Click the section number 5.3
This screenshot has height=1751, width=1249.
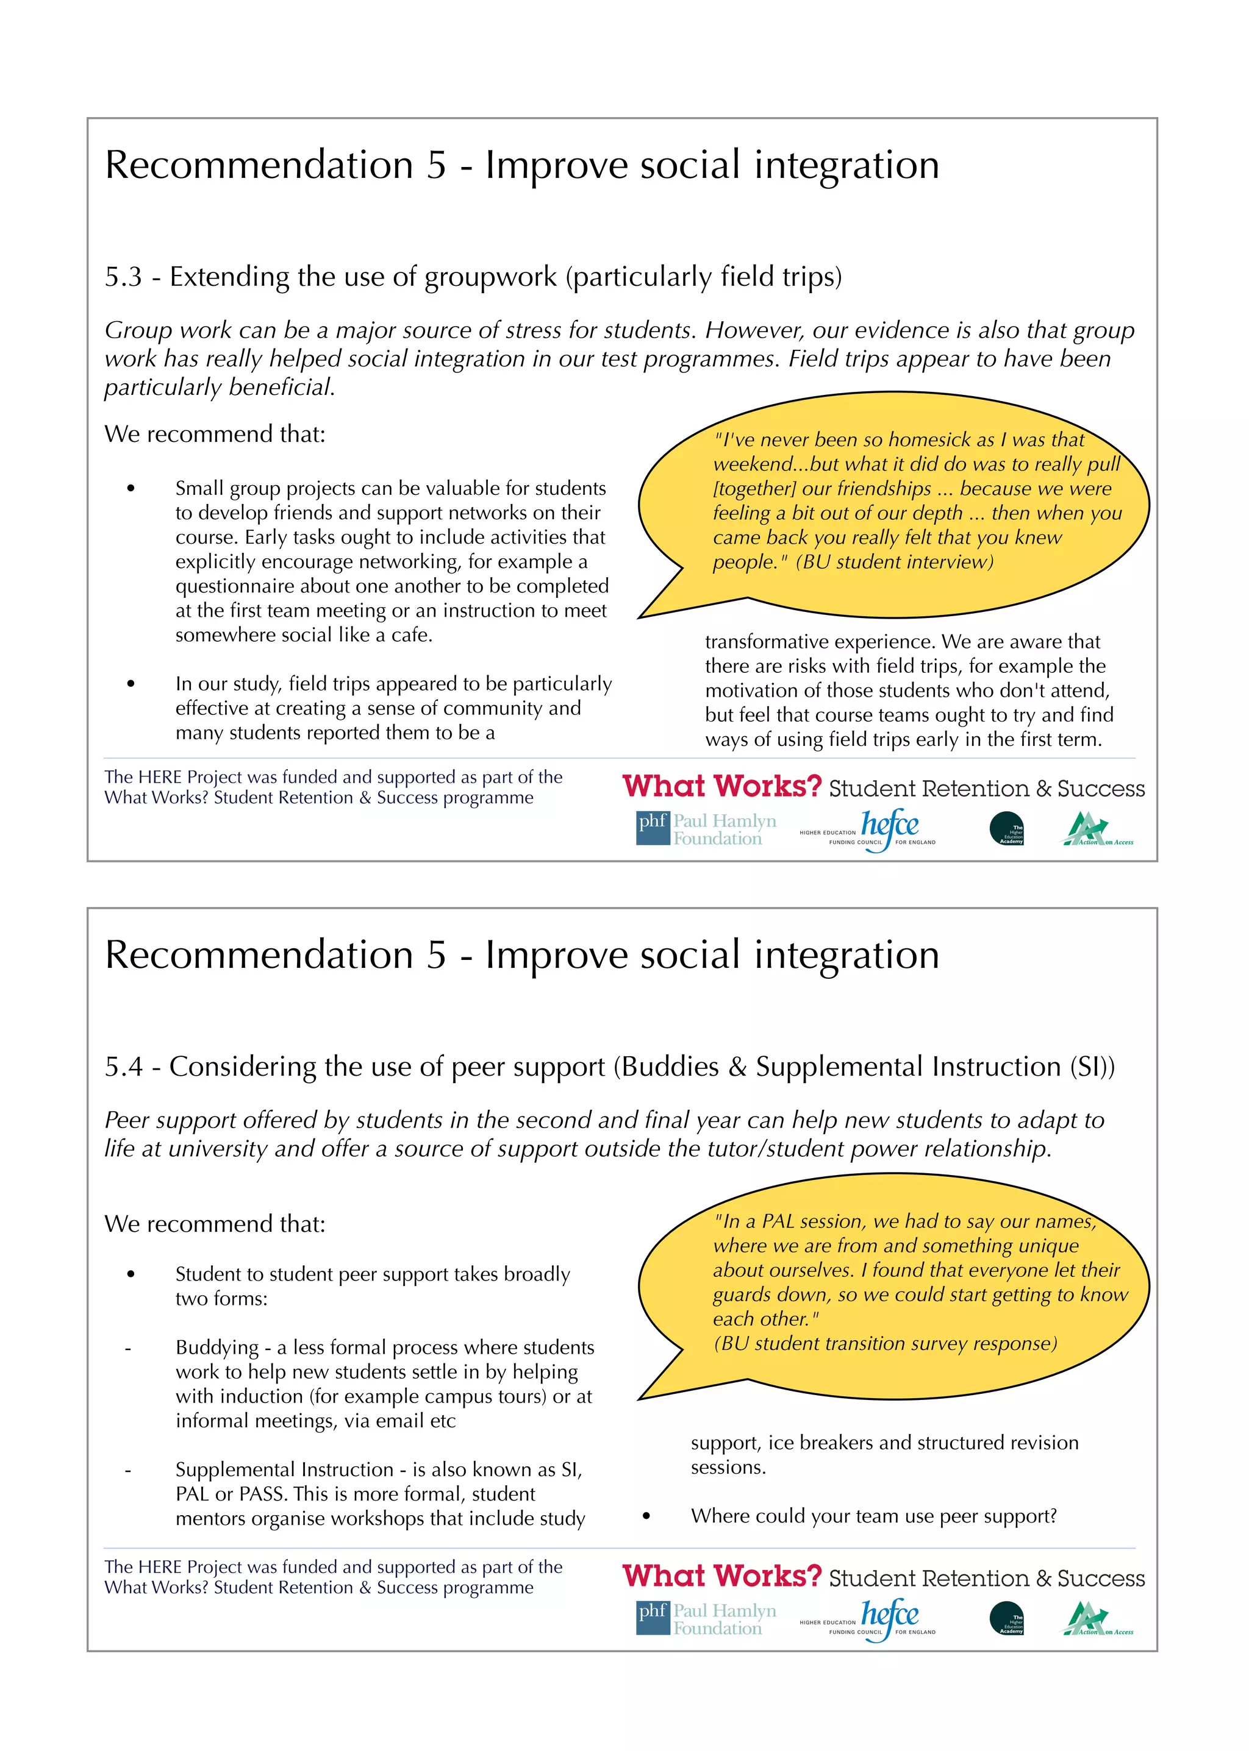click(x=123, y=277)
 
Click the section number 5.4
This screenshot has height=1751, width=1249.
click(x=123, y=1067)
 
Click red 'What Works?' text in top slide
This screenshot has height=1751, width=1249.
click(x=721, y=786)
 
